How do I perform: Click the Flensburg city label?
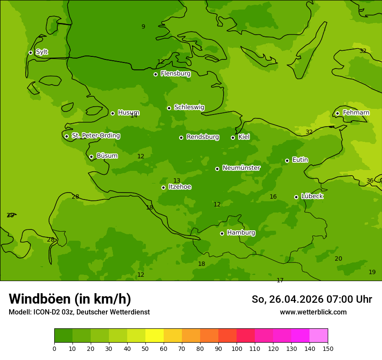click(x=175, y=74)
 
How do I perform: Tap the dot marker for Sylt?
click(x=30, y=52)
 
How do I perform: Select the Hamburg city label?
click(x=241, y=233)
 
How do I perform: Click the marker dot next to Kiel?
click(x=233, y=137)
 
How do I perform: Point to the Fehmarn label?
click(x=356, y=113)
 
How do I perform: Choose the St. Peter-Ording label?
click(x=95, y=136)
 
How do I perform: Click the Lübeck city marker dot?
click(x=296, y=197)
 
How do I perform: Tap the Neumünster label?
click(x=241, y=168)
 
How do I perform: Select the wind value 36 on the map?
click(x=370, y=181)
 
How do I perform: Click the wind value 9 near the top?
click(x=143, y=27)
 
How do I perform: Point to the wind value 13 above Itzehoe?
click(x=177, y=181)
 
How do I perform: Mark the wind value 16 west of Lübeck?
click(x=273, y=197)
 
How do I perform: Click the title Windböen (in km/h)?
click(x=70, y=299)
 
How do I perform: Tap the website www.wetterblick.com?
click(x=313, y=312)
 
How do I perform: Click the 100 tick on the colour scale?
click(x=237, y=348)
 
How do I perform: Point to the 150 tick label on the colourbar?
click(x=328, y=348)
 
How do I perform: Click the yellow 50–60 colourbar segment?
click(x=155, y=336)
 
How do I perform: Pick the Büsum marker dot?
click(x=91, y=157)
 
